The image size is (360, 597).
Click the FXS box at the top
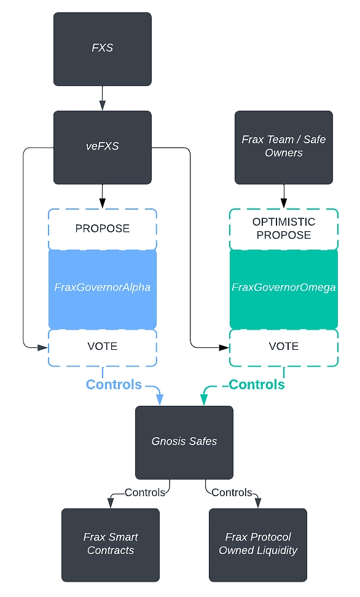[102, 49]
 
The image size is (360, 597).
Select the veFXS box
[102, 147]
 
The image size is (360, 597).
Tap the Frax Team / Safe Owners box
[283, 147]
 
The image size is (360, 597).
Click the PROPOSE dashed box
[102, 228]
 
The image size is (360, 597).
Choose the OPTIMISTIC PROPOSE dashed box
[283, 228]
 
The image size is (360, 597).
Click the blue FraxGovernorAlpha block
[102, 288]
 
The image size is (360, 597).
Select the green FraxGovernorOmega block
[283, 288]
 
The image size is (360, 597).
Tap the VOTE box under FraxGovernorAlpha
[102, 347]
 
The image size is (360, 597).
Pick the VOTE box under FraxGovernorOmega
[283, 347]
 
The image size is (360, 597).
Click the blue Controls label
[114, 385]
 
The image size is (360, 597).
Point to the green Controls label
[257, 385]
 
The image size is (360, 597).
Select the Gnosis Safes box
[184, 441]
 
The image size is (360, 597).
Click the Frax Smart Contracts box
[111, 544]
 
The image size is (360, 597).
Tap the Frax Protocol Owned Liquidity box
[258, 544]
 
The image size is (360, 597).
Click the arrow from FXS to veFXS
[102, 98]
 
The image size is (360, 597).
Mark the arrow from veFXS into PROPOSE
[102, 197]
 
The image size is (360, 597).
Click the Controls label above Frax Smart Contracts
[144, 492]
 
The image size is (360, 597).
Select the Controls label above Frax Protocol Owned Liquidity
[232, 492]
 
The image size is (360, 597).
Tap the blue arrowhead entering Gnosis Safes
[160, 400]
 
